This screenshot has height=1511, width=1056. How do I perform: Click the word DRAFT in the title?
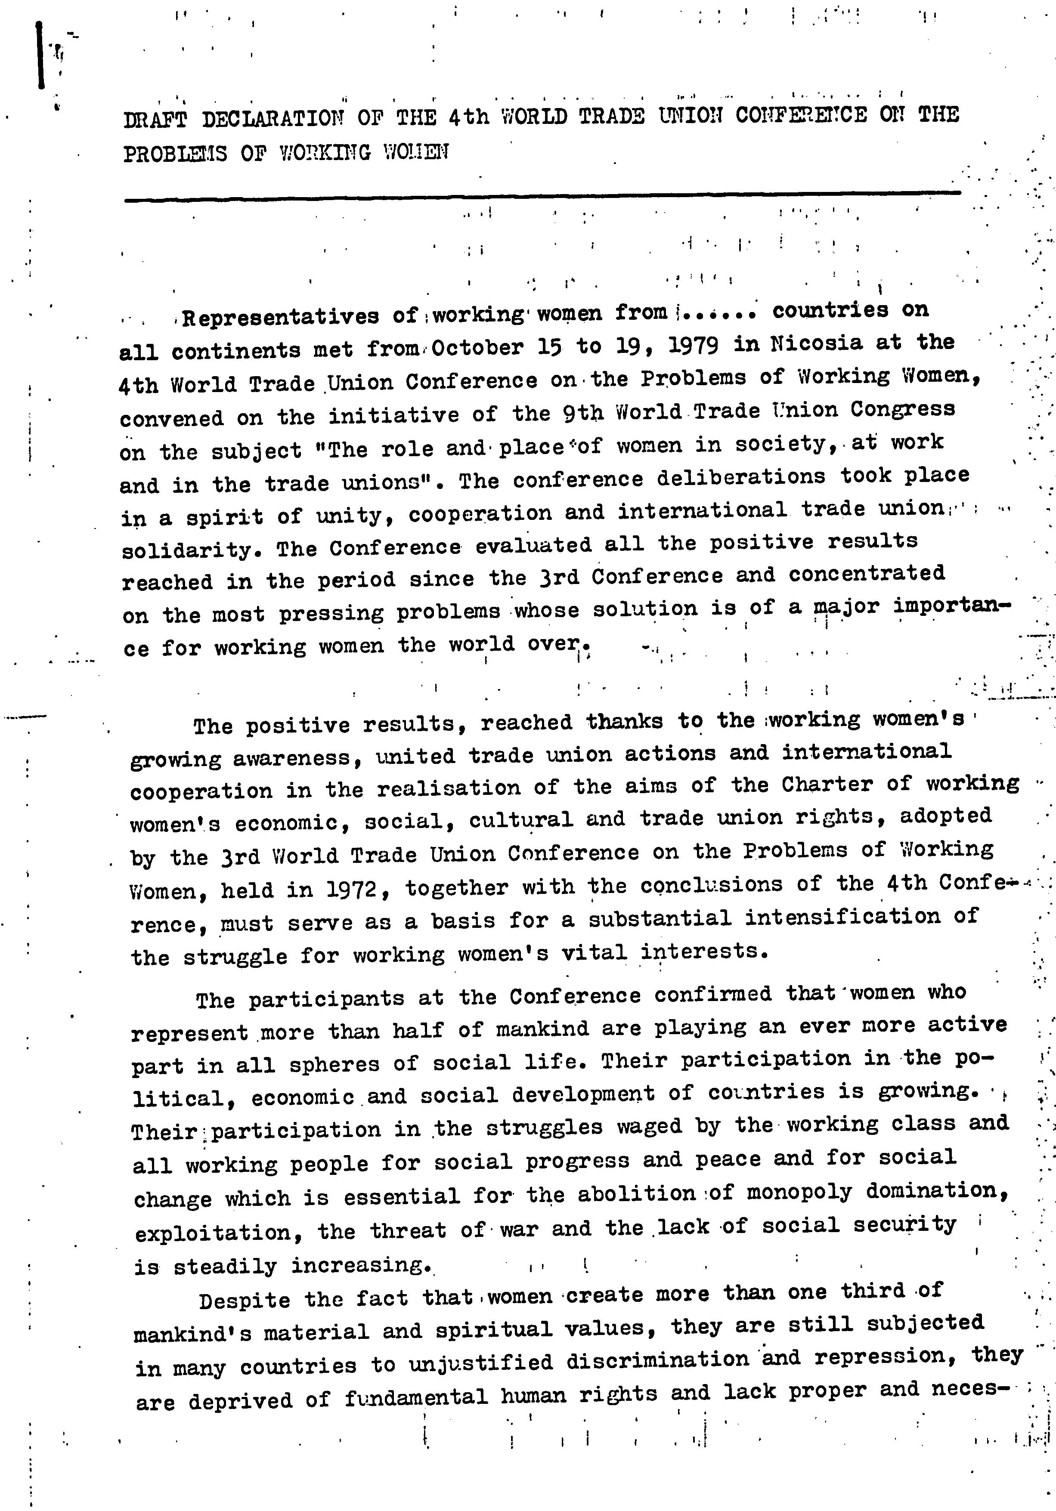[155, 120]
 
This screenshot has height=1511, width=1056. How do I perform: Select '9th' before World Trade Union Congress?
[582, 413]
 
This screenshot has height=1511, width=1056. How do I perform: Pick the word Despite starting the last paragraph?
[244, 1301]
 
